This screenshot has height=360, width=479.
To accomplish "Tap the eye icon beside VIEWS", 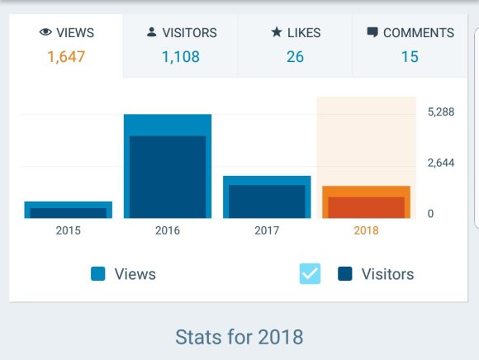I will tap(45, 33).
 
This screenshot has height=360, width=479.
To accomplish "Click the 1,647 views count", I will tap(66, 57).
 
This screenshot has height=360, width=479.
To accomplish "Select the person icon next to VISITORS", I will tap(151, 33).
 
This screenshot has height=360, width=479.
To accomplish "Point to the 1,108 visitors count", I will tap(180, 57).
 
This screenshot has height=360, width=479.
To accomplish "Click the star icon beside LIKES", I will tap(277, 33).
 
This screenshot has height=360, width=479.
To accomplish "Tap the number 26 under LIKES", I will tap(295, 57).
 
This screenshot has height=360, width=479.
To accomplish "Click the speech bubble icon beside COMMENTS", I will tap(372, 33).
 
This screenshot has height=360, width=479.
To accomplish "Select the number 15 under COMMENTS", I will tap(410, 57).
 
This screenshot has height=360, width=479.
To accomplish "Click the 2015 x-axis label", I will tap(69, 230).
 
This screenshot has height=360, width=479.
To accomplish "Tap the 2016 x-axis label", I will tap(168, 230).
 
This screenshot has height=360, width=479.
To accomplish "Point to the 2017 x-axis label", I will tap(267, 230).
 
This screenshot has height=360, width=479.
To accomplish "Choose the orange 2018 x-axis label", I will tap(366, 230).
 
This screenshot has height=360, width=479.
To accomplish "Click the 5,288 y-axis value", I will tap(441, 112).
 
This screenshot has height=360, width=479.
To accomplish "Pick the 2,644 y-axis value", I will tap(441, 163).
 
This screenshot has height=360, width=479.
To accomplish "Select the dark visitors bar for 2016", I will tap(168, 177).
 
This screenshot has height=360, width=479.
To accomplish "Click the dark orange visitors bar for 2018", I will tap(366, 207).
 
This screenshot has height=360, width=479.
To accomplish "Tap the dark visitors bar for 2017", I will tap(267, 201).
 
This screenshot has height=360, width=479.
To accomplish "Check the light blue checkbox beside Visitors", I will tap(310, 274).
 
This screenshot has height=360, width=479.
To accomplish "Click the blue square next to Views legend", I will tap(98, 274).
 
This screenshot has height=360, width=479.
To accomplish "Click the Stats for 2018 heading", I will tap(239, 337).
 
